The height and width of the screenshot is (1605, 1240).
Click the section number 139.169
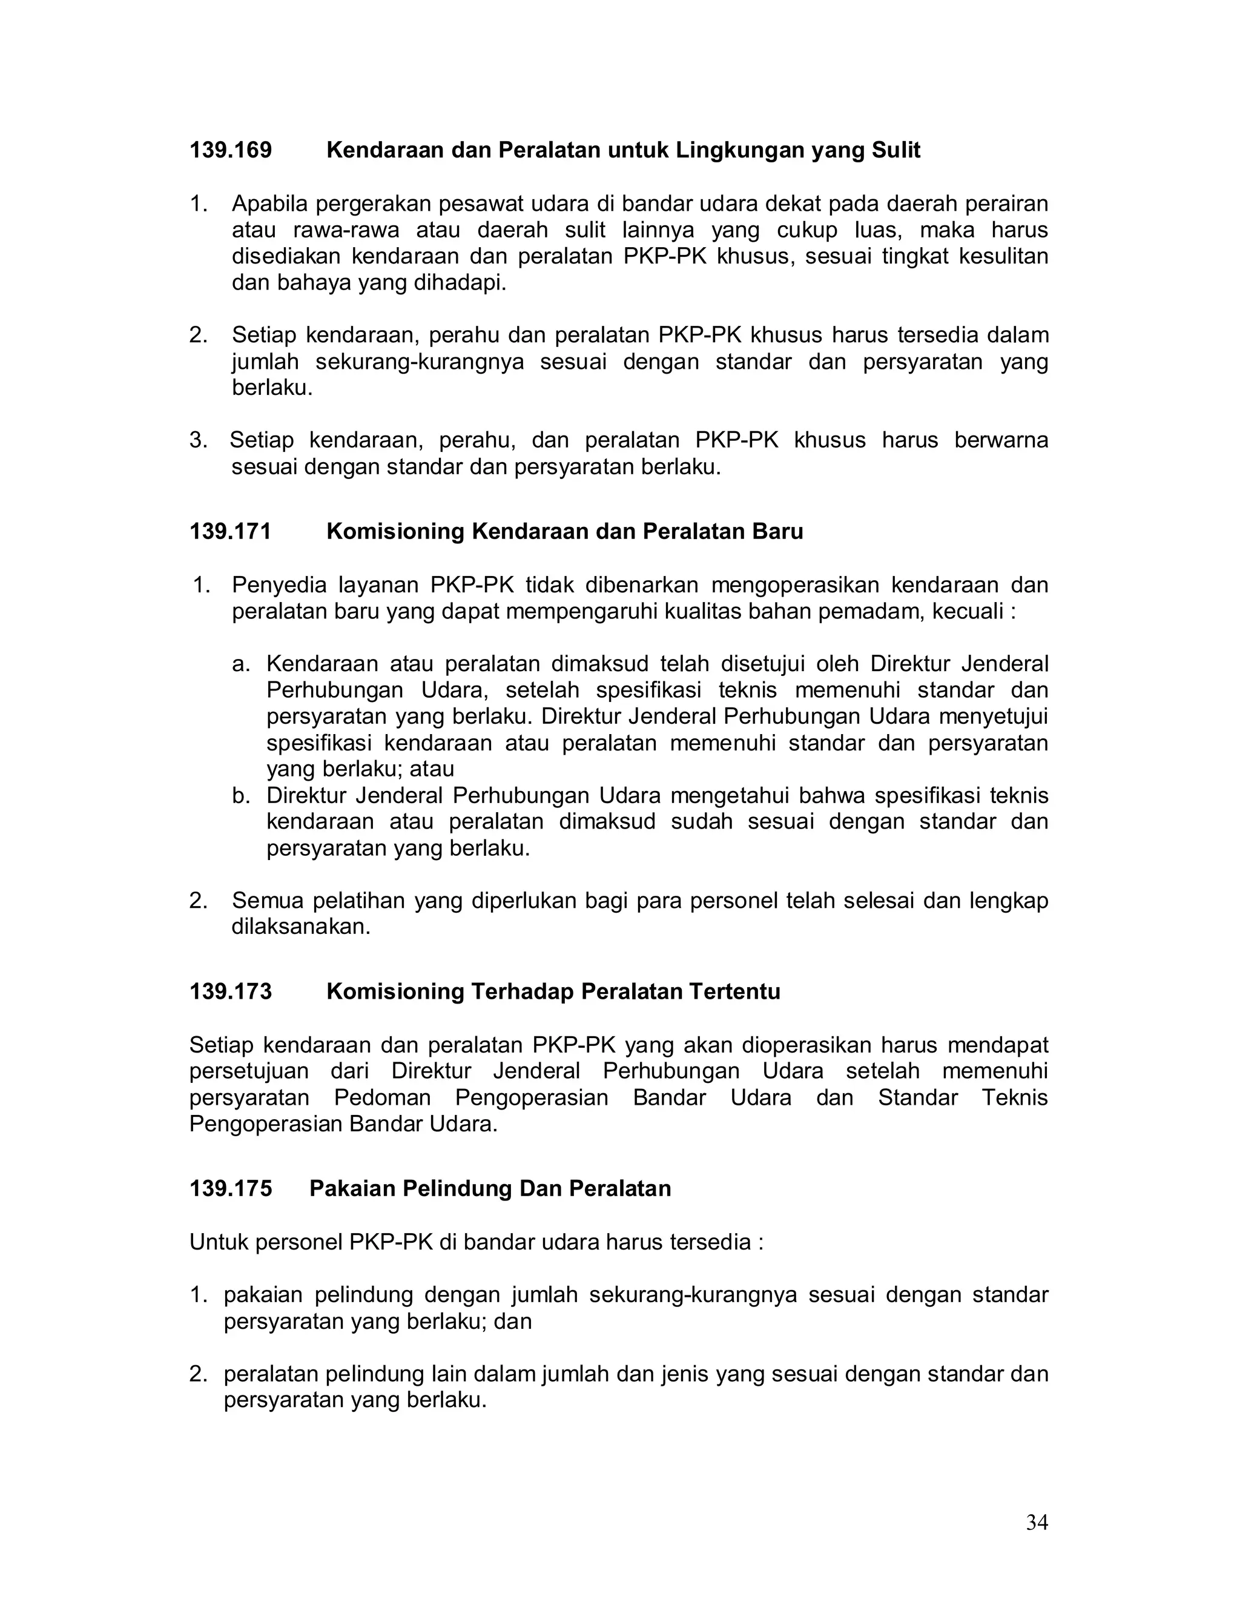point(231,151)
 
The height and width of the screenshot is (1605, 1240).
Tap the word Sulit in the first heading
point(895,151)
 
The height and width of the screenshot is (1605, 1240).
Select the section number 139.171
point(231,531)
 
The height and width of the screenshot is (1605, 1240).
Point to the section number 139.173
point(231,991)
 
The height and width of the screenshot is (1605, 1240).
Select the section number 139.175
point(231,1188)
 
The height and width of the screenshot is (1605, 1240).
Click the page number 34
point(1037,1522)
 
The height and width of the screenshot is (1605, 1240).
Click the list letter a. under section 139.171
point(241,664)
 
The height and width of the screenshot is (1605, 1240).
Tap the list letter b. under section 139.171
point(241,796)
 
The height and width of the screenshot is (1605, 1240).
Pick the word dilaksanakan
point(301,927)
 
